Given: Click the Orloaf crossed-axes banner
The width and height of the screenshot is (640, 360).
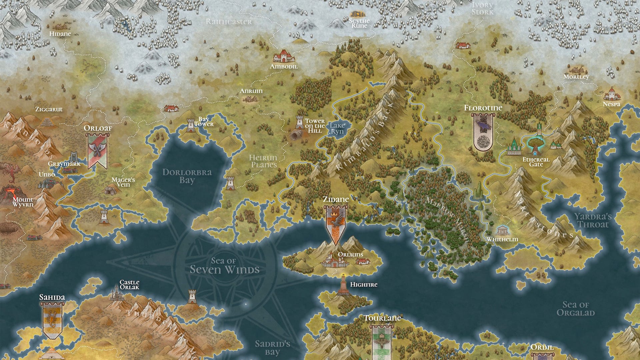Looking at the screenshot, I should [x=97, y=151].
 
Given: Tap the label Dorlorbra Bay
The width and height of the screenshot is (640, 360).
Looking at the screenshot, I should [x=187, y=176].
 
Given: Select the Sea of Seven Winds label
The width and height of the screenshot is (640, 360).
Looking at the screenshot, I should [x=225, y=266].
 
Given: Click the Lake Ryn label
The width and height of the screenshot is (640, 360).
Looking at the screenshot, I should [x=337, y=128].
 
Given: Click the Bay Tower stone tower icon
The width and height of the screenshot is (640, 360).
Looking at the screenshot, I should [x=191, y=125].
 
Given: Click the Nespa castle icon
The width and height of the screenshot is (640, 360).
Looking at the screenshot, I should [x=612, y=94].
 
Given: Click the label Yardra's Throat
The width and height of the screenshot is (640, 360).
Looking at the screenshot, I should [x=593, y=220].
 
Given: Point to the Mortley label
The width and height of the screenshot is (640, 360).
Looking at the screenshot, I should [x=576, y=77].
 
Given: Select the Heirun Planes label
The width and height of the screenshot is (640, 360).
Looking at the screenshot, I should [x=263, y=161].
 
